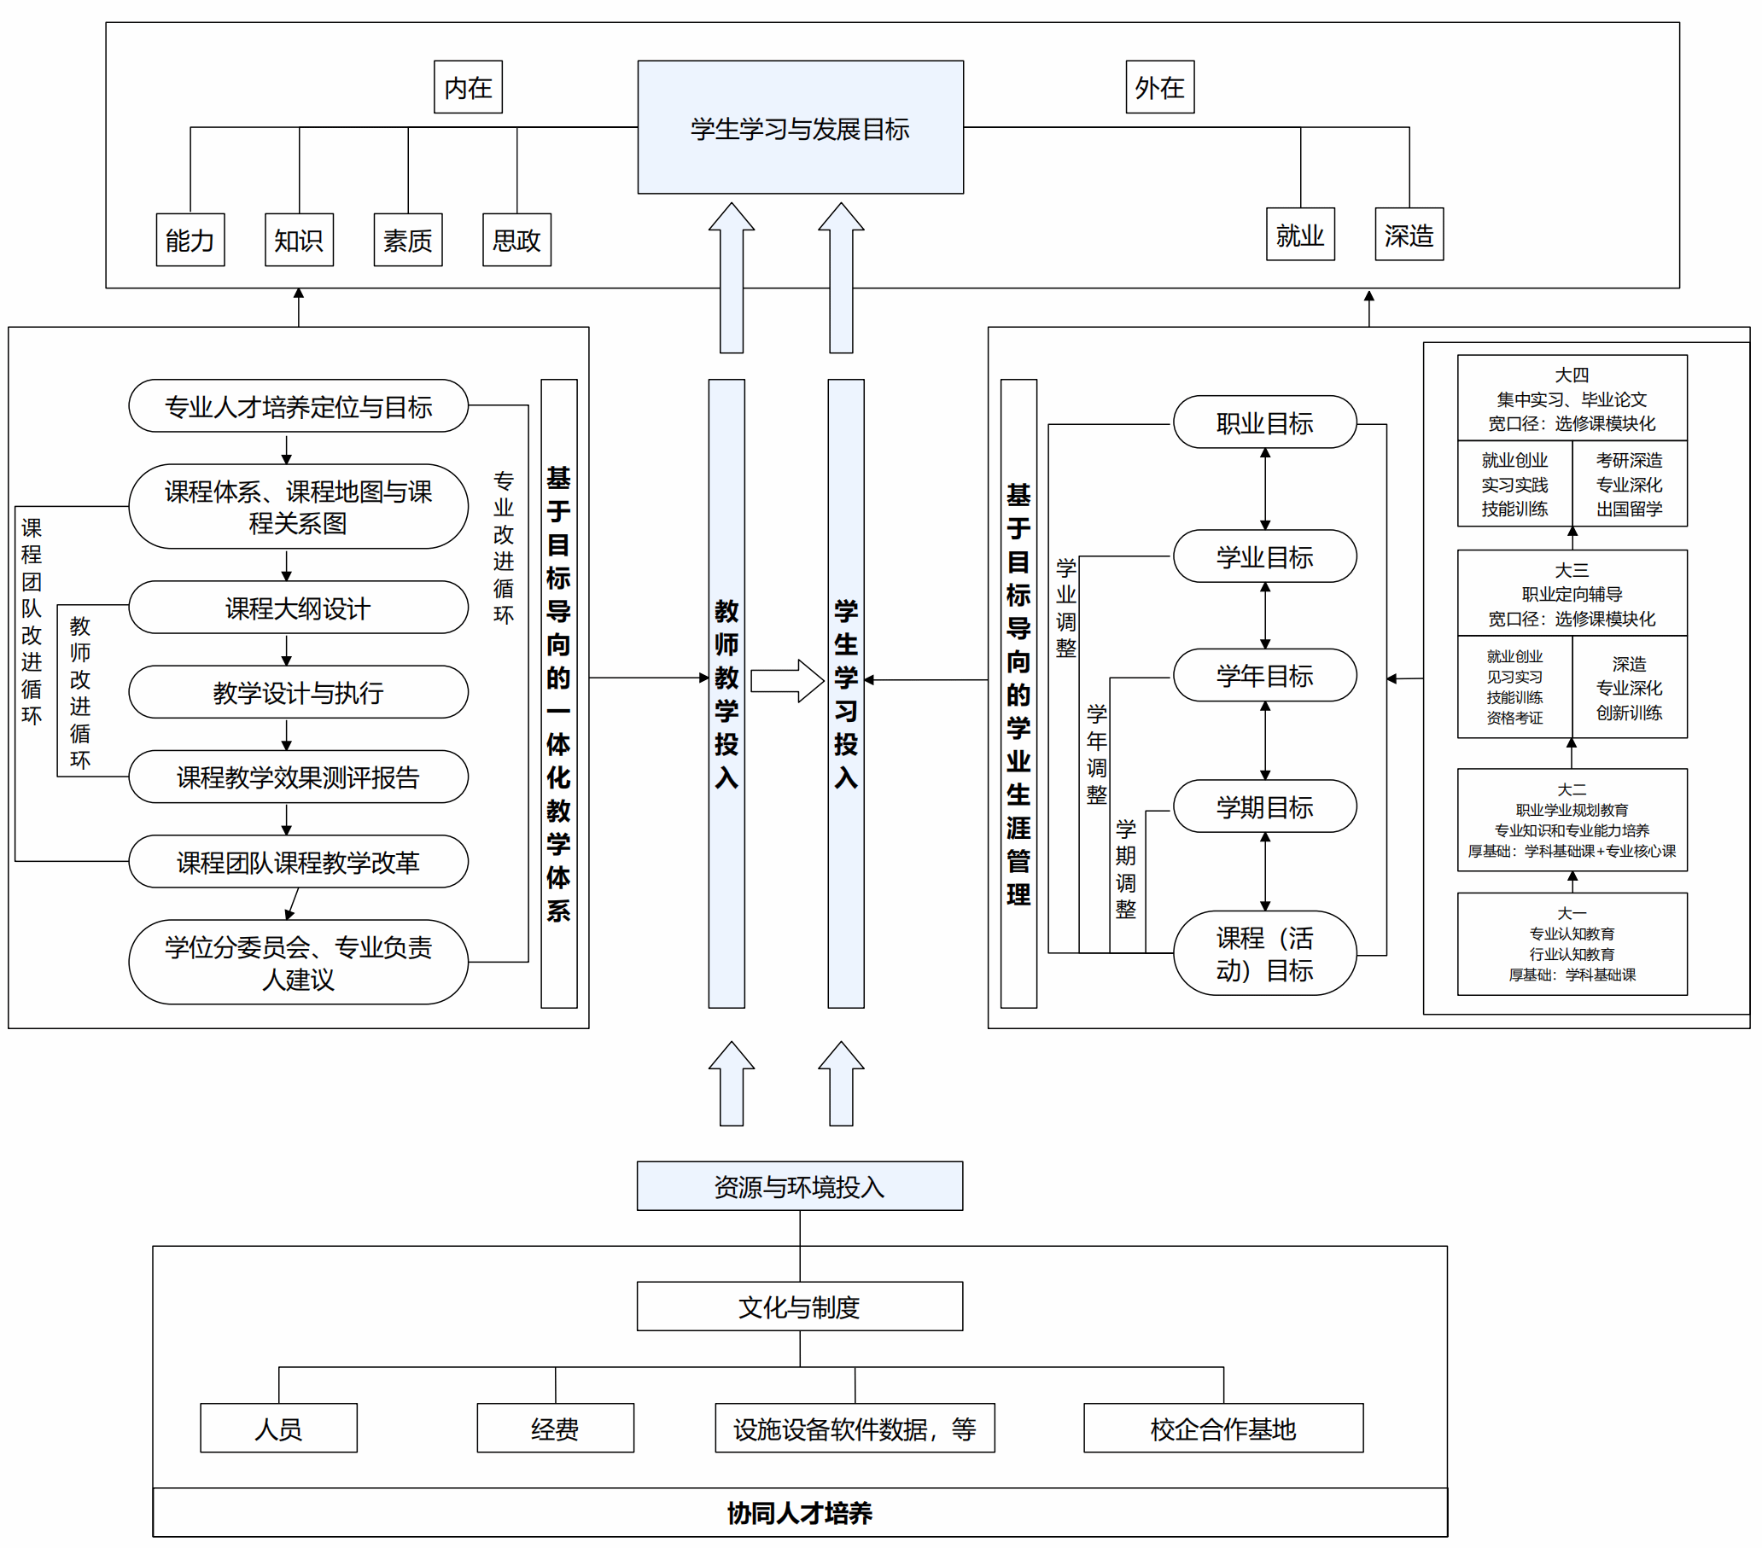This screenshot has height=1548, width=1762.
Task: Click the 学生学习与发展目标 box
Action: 800,127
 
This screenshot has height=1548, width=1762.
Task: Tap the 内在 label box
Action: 468,87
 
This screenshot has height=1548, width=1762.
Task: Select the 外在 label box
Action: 1159,87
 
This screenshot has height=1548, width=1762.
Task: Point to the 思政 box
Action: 516,240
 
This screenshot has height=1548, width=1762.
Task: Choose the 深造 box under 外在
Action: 1409,235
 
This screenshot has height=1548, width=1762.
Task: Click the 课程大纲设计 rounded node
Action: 298,608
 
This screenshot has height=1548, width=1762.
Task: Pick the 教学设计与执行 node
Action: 298,692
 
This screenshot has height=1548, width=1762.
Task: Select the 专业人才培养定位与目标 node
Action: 298,406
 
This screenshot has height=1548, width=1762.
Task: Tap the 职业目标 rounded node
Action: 1264,422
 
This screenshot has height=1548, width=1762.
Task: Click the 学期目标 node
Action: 1264,806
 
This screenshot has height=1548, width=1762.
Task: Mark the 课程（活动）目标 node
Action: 1264,953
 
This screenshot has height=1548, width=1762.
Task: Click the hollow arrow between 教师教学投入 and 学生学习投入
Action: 787,681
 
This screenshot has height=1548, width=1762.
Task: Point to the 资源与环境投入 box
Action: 800,1186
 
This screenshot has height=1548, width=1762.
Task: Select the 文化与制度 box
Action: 800,1306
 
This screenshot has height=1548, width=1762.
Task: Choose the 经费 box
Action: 555,1429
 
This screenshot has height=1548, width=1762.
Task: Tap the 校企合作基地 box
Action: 1223,1429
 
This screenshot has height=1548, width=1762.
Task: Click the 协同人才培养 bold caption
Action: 800,1513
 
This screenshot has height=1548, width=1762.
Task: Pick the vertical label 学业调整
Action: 1065,608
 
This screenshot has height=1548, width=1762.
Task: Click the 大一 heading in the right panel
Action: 1572,913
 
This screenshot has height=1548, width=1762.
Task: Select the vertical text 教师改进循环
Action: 80,692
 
